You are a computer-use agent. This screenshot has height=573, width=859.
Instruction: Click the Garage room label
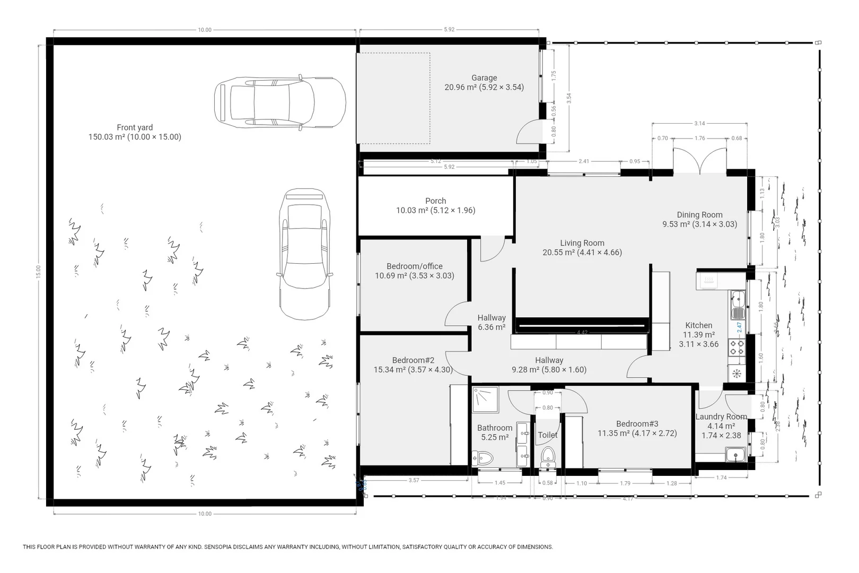pos(484,78)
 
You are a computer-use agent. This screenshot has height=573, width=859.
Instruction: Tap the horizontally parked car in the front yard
pos(279,102)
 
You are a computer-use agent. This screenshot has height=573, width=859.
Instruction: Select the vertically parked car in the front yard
pos(304,254)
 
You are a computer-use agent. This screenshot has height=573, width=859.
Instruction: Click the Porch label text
pos(435,201)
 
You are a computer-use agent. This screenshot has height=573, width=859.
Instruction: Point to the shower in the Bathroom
pos(485,400)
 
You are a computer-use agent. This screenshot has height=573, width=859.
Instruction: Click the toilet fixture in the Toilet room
pos(548,456)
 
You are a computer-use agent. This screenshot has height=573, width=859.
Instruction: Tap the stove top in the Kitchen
pos(737,348)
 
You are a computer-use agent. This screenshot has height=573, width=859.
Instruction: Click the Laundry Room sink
pos(735,455)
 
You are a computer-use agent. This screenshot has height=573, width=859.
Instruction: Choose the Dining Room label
pos(699,215)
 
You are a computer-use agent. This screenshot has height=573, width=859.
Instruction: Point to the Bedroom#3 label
pos(637,424)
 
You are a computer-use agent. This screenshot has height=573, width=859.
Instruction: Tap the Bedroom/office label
pos(414,266)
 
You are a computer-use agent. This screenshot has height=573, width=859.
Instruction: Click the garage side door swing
pos(529,133)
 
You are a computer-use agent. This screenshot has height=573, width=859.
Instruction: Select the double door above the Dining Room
pos(699,161)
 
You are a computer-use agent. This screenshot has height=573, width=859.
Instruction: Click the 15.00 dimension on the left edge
pos(38,271)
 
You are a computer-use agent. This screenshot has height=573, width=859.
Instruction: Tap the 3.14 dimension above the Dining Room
pos(699,124)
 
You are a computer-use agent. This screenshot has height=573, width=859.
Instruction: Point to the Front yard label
pos(135,127)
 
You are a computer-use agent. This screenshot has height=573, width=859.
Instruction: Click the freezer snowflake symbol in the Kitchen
pos(736,374)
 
